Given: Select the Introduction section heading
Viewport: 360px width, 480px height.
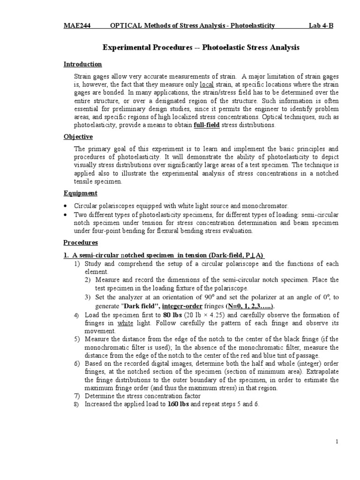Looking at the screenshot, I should [x=82, y=64].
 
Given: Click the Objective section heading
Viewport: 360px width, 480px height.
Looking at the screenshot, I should [x=78, y=137].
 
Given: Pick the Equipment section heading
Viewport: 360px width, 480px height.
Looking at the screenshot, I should [x=81, y=193].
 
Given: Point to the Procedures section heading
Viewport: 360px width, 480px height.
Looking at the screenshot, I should [x=81, y=242].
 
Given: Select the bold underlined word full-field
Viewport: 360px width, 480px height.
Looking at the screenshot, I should [x=205, y=125].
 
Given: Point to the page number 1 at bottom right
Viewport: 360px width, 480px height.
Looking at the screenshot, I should [x=337, y=442].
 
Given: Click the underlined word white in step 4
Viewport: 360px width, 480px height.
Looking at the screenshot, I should [x=125, y=323].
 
